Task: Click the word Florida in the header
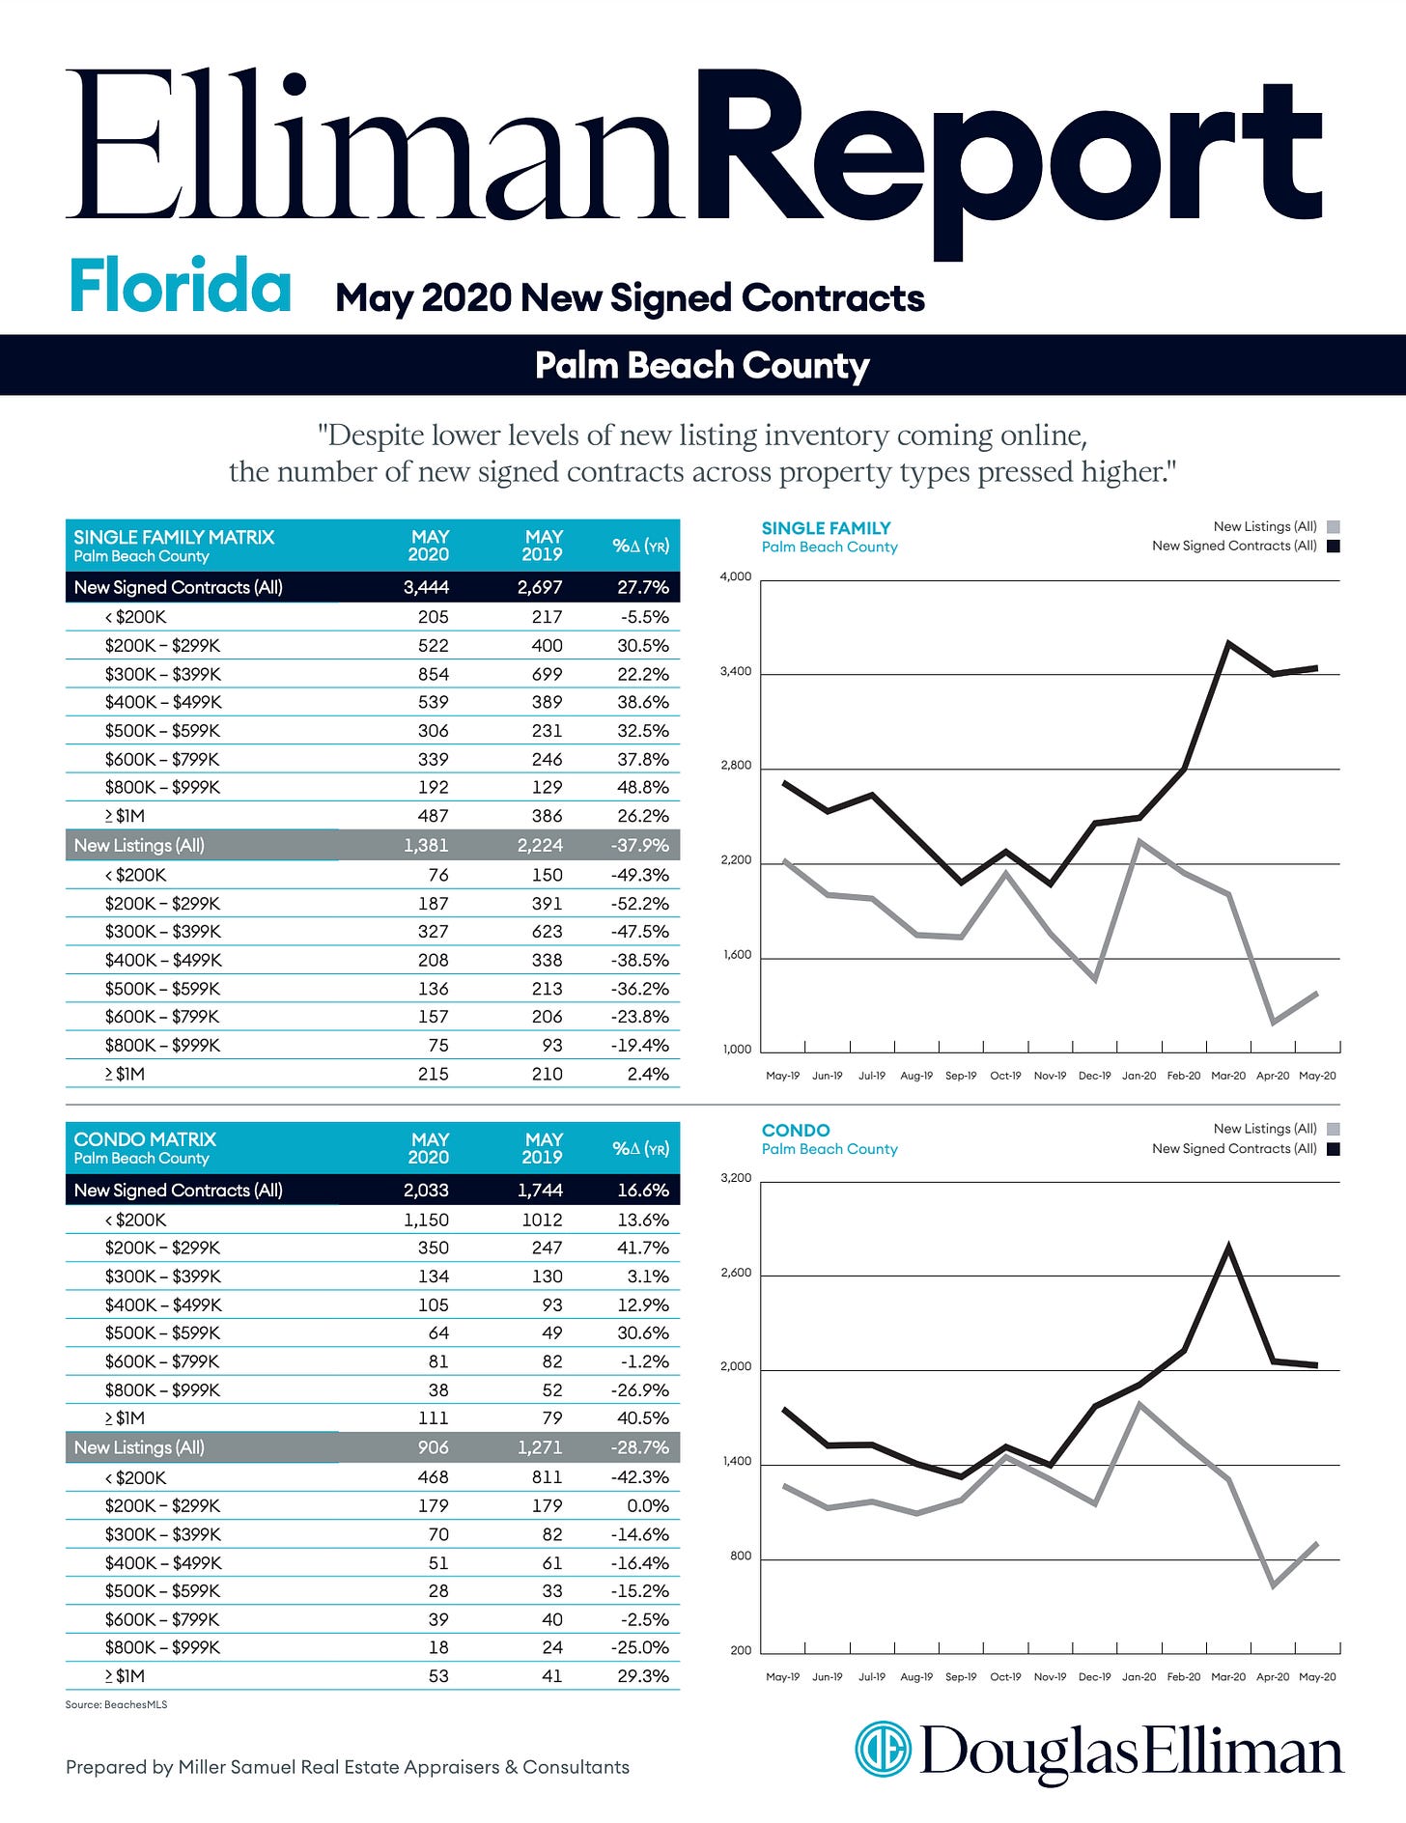pyautogui.click(x=180, y=287)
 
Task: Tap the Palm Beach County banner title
pyautogui.click(x=702, y=366)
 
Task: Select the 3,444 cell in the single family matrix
pyautogui.click(x=426, y=587)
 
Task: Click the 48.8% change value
pyautogui.click(x=643, y=788)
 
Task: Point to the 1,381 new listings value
pyautogui.click(x=426, y=846)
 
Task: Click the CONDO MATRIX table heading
pyautogui.click(x=145, y=1139)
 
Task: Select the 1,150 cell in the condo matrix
pyautogui.click(x=426, y=1220)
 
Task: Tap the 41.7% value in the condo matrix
pyautogui.click(x=643, y=1248)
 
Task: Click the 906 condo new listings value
pyautogui.click(x=432, y=1447)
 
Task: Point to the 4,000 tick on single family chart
pyautogui.click(x=736, y=577)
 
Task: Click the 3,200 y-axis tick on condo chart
pyautogui.click(x=736, y=1179)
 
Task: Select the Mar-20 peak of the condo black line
pyautogui.click(x=1228, y=1247)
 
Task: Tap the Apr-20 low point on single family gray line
pyautogui.click(x=1274, y=1023)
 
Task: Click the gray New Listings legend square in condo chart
pyautogui.click(x=1334, y=1129)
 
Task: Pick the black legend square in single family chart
pyautogui.click(x=1334, y=547)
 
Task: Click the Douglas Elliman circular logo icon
pyautogui.click(x=883, y=1749)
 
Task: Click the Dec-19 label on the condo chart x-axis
pyautogui.click(x=1094, y=1677)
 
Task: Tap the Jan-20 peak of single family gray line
pyautogui.click(x=1140, y=841)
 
